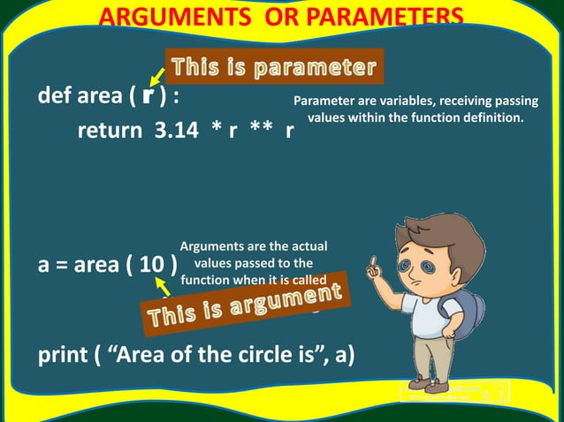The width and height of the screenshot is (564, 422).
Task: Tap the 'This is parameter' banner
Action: click(x=274, y=66)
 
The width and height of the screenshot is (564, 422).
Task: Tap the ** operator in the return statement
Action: click(x=260, y=132)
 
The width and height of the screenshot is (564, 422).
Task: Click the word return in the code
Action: click(x=111, y=132)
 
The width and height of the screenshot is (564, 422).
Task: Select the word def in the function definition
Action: click(x=55, y=96)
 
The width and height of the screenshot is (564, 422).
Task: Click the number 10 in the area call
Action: click(x=151, y=266)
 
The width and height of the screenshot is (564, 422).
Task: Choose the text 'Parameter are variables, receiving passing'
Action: click(x=415, y=101)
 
